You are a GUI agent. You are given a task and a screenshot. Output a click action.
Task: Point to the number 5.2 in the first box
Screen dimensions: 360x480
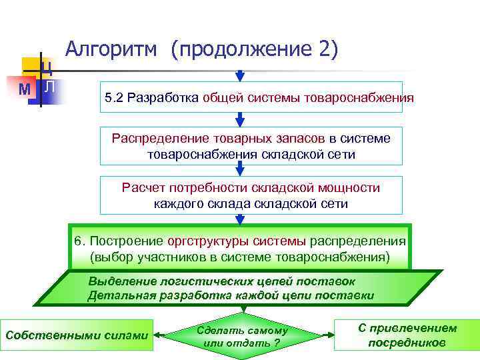113,98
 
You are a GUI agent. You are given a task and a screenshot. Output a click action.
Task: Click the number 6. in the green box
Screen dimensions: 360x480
79,240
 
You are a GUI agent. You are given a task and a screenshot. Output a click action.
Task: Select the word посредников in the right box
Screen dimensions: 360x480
407,343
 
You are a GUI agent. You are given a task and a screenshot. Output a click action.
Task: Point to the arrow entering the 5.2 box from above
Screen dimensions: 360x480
241,73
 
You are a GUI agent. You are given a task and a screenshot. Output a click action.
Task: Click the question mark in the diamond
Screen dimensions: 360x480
277,343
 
